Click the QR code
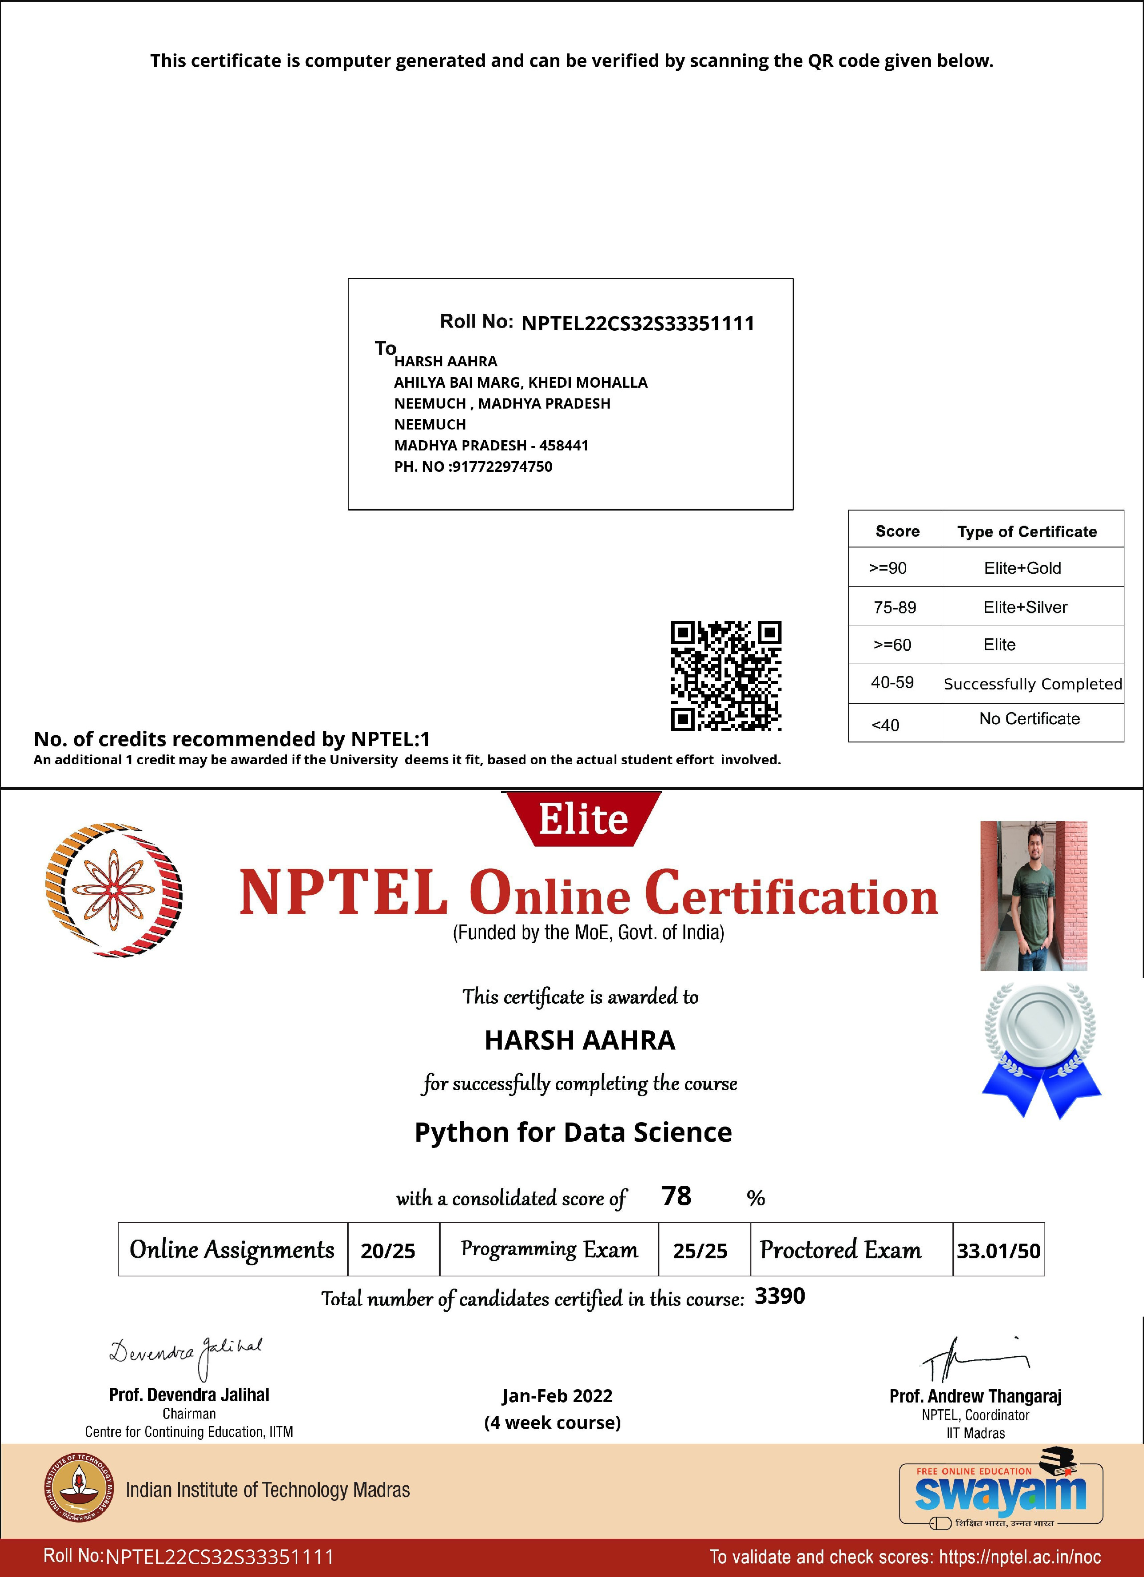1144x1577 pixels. coord(725,676)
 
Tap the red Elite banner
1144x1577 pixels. coord(583,819)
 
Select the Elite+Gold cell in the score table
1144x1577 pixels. coord(1022,568)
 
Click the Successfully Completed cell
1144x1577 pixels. coord(1033,684)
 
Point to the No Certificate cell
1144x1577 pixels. coord(1029,719)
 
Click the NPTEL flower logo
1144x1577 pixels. coord(114,890)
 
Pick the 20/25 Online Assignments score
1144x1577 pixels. coord(387,1251)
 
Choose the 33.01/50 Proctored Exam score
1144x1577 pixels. coord(998,1251)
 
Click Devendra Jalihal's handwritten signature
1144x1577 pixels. coord(185,1354)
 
